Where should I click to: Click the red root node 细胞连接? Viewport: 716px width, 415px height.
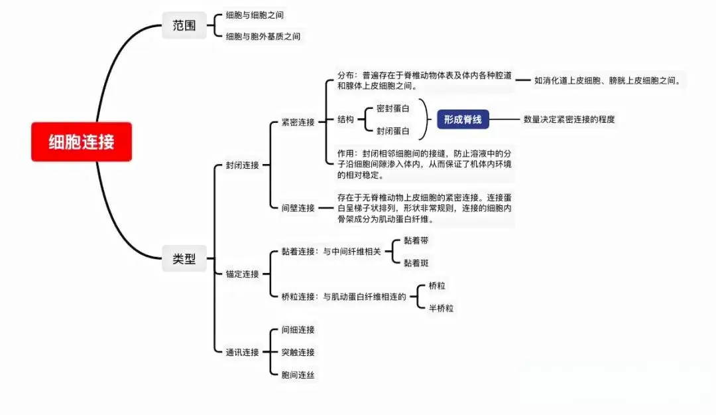pyautogui.click(x=81, y=141)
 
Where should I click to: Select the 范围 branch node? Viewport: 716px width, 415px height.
pyautogui.click(x=184, y=26)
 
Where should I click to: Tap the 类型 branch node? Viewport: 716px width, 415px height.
pyautogui.click(x=184, y=260)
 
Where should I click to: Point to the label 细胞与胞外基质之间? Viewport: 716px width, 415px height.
pyautogui.click(x=263, y=37)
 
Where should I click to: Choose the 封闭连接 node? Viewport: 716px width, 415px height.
pyautogui.click(x=242, y=165)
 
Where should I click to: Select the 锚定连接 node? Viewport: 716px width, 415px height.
pyautogui.click(x=242, y=274)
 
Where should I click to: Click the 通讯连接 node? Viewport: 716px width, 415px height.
pyautogui.click(x=242, y=352)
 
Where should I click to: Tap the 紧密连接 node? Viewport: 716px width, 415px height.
pyautogui.click(x=298, y=122)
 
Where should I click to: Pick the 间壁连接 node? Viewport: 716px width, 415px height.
pyautogui.click(x=298, y=208)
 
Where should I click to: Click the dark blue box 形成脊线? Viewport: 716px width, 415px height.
pyautogui.click(x=463, y=120)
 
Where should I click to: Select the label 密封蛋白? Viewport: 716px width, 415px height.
pyautogui.click(x=392, y=108)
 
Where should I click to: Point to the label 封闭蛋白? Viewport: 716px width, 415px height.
pyautogui.click(x=392, y=131)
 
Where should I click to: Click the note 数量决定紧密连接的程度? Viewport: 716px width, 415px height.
pyautogui.click(x=569, y=120)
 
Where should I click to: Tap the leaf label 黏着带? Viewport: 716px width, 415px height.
pyautogui.click(x=416, y=240)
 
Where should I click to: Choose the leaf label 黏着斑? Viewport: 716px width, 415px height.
pyautogui.click(x=416, y=262)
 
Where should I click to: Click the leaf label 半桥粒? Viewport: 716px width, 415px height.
pyautogui.click(x=441, y=307)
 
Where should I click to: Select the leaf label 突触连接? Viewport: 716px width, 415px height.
pyautogui.click(x=298, y=352)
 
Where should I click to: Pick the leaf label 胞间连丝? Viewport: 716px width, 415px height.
pyautogui.click(x=298, y=374)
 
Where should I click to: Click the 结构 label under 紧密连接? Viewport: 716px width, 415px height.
pyautogui.click(x=345, y=120)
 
